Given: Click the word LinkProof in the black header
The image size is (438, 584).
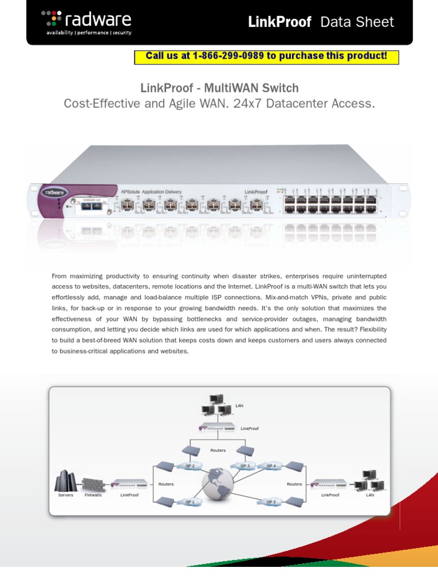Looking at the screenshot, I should (279, 22).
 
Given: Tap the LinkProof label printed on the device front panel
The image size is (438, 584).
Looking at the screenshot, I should (257, 192).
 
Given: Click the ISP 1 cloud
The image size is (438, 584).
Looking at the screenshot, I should (190, 502).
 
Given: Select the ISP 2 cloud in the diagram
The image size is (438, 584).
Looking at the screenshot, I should (190, 466).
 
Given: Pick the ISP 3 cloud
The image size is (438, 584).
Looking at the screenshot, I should (245, 466).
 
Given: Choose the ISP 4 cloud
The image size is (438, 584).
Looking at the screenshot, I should (270, 466).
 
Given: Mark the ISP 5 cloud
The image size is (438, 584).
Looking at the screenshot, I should (270, 502).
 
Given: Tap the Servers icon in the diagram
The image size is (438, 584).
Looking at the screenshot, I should (66, 482).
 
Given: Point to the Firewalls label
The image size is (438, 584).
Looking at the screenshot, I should (93, 495).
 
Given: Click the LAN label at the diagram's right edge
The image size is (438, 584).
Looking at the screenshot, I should (370, 495).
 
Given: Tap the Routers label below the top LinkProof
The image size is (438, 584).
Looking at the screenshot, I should (218, 450).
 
